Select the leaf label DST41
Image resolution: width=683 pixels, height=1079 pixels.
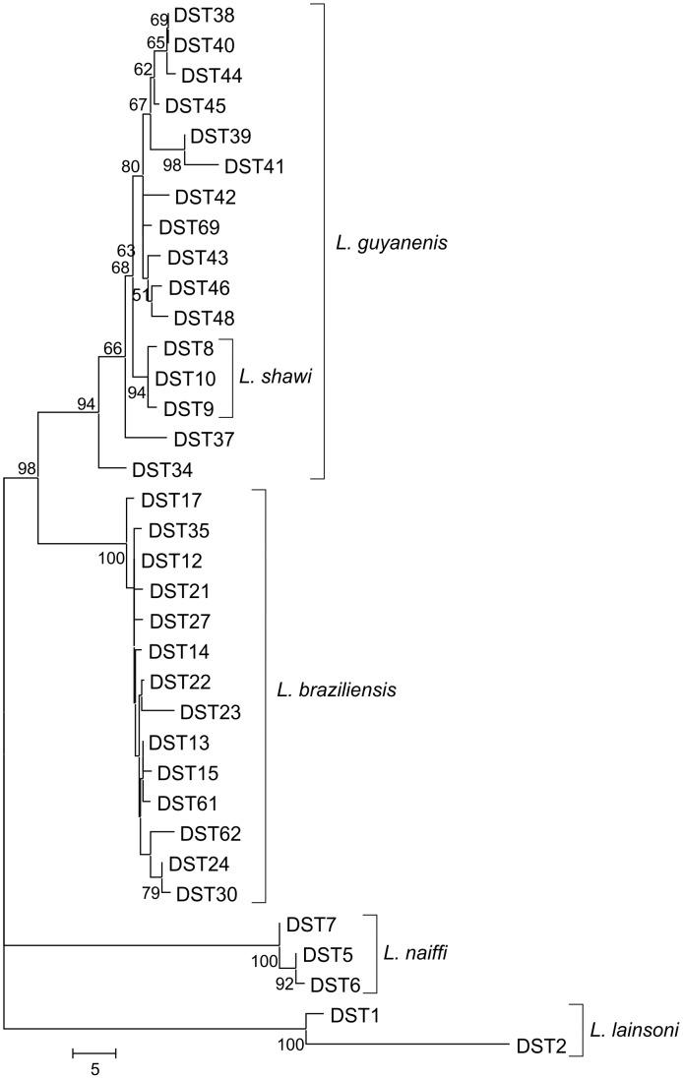(255, 166)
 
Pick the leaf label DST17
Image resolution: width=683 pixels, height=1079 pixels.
(157, 500)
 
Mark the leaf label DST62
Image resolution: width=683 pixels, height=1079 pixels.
(210, 833)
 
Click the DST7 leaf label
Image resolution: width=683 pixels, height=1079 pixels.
(310, 925)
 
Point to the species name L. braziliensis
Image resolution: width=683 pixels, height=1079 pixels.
(335, 689)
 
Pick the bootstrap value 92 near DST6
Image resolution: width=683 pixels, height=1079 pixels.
(286, 985)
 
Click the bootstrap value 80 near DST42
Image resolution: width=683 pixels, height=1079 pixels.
(130, 166)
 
